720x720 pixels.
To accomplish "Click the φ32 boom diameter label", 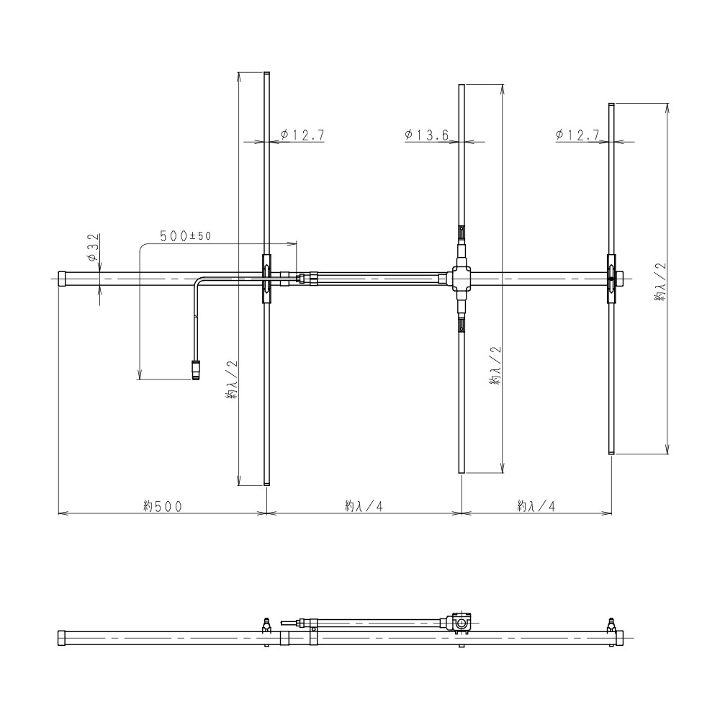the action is [93, 248].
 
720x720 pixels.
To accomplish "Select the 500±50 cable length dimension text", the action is [186, 236].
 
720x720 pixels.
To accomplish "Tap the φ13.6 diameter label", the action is [426, 135].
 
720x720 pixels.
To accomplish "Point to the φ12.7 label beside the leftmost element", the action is [302, 135].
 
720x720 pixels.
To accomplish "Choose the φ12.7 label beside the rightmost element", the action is [577, 135].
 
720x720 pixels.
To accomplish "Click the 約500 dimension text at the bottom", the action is [163, 506].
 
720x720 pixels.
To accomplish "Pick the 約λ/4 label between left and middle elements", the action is [364, 506].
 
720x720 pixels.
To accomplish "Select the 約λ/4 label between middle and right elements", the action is [536, 506].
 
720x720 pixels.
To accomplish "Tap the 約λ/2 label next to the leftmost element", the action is [232, 379].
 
